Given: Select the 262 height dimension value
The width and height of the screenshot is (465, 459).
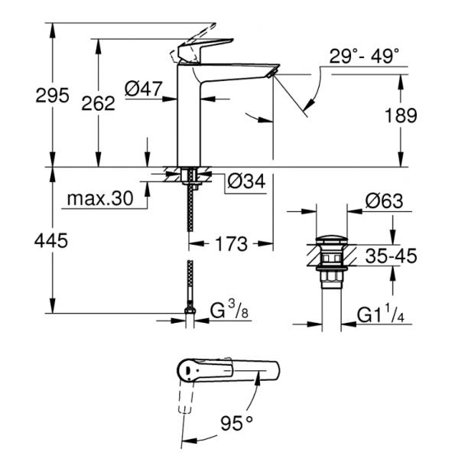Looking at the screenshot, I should click(x=99, y=103).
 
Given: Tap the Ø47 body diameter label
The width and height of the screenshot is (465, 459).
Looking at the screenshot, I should click(x=144, y=90).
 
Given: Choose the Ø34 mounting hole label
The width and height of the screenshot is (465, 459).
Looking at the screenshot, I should click(x=247, y=182).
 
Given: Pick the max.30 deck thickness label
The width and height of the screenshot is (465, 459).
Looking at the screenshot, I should click(x=99, y=199).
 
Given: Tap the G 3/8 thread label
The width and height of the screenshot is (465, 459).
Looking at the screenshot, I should click(x=229, y=311).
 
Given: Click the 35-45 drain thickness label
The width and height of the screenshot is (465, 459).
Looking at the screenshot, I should click(x=390, y=256).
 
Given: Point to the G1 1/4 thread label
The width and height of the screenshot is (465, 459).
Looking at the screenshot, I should click(x=385, y=313).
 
